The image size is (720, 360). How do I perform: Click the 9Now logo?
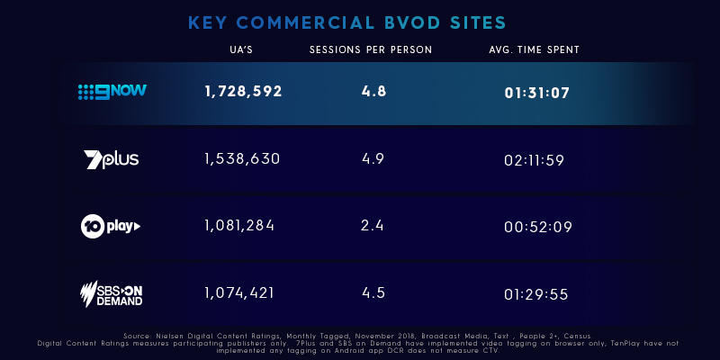pyautogui.click(x=112, y=91)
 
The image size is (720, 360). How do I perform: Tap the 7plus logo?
pyautogui.click(x=111, y=159)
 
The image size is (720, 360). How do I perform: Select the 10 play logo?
pyautogui.click(x=111, y=226)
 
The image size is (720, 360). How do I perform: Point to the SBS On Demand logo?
pyautogui.click(x=111, y=293)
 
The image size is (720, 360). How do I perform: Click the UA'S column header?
pyautogui.click(x=242, y=49)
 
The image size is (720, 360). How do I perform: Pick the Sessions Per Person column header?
pyautogui.click(x=370, y=49)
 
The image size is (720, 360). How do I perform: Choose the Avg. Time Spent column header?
pyautogui.click(x=534, y=49)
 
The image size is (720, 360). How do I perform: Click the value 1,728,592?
pyautogui.click(x=243, y=91)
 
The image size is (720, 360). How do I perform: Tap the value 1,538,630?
pyautogui.click(x=242, y=158)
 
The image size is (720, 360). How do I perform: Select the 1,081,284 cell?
pyautogui.click(x=239, y=225)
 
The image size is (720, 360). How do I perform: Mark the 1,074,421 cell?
pyautogui.click(x=239, y=292)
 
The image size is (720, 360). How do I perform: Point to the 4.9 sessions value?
pyautogui.click(x=373, y=158)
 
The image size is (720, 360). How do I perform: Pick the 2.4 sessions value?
pyautogui.click(x=373, y=225)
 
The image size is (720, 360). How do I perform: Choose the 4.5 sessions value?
pyautogui.click(x=373, y=292)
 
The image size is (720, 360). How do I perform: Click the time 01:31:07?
pyautogui.click(x=537, y=92)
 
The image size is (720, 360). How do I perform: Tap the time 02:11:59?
pyautogui.click(x=537, y=159)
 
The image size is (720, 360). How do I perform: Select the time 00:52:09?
pyautogui.click(x=537, y=226)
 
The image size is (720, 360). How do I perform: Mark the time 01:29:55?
pyautogui.click(x=537, y=293)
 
